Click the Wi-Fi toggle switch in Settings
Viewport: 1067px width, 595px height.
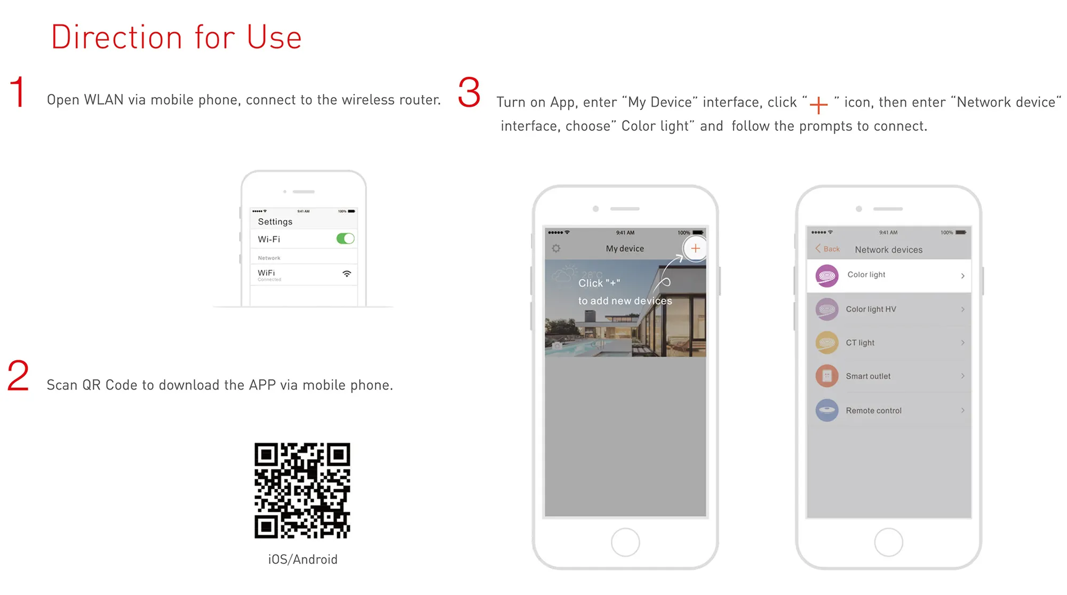click(x=345, y=239)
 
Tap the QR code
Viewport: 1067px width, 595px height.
click(x=302, y=490)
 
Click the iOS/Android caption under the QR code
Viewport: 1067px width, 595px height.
click(x=302, y=559)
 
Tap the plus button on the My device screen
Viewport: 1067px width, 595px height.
click(x=695, y=248)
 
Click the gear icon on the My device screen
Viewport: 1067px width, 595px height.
click(x=556, y=248)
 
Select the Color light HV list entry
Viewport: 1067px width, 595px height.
click(x=889, y=309)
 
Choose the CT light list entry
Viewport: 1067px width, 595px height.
click(x=889, y=343)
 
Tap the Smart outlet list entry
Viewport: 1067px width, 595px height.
click(x=889, y=376)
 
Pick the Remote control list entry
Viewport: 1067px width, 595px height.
click(x=889, y=410)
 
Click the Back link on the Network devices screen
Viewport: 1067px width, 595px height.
click(x=827, y=249)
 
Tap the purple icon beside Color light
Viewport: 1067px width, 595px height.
click(x=827, y=275)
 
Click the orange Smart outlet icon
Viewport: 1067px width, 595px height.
click(x=827, y=376)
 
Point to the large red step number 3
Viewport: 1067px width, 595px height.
click(x=469, y=92)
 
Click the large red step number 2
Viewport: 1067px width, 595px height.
click(x=18, y=376)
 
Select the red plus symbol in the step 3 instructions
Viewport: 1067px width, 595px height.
click(x=818, y=105)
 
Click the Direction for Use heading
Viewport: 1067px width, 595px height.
click(x=177, y=37)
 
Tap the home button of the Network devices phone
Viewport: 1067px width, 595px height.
click(x=888, y=542)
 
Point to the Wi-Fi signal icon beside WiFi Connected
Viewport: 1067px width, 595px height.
click(x=347, y=274)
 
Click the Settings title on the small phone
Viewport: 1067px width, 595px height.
click(x=275, y=221)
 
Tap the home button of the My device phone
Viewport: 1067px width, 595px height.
click(x=625, y=542)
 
